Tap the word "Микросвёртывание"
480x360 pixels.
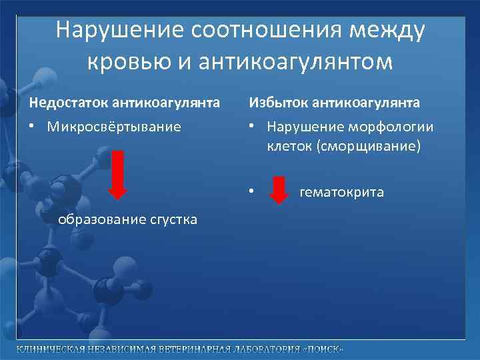[x=114, y=127]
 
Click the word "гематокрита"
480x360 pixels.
[x=342, y=193]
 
